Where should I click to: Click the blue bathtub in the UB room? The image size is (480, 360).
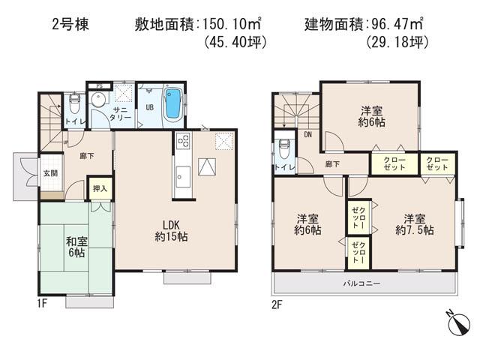(x=172, y=104)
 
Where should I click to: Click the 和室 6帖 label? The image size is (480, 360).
(x=75, y=247)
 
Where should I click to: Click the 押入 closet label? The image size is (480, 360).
(x=100, y=188)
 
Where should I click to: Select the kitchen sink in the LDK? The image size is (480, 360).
(x=182, y=177)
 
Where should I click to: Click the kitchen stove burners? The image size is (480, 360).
(x=182, y=141)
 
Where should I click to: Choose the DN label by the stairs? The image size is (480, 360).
(x=308, y=135)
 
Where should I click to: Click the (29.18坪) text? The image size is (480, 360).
(x=397, y=43)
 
